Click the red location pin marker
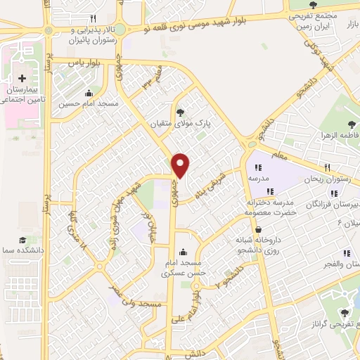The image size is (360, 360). tap(181, 165)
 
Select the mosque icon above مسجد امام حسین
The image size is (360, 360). tap(88, 94)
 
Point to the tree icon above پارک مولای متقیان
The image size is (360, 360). tap(181, 110)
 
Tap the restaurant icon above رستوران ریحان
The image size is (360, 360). tap(327, 167)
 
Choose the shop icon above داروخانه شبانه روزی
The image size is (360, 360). tap(259, 229)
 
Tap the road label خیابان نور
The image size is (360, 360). tap(148, 225)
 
